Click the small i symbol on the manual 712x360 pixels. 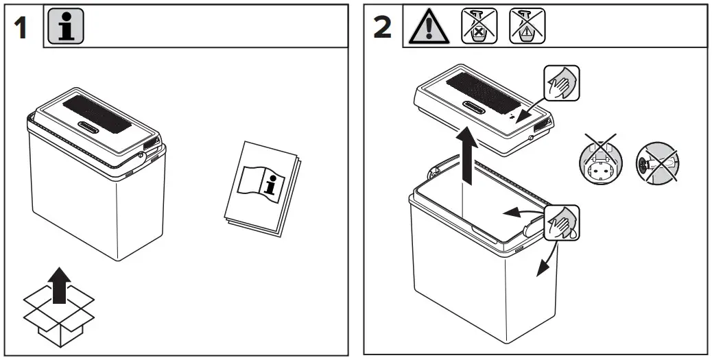274,184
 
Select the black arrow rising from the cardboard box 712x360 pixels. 60,284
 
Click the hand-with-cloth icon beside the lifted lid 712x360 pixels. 561,84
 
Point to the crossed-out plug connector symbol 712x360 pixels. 654,164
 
